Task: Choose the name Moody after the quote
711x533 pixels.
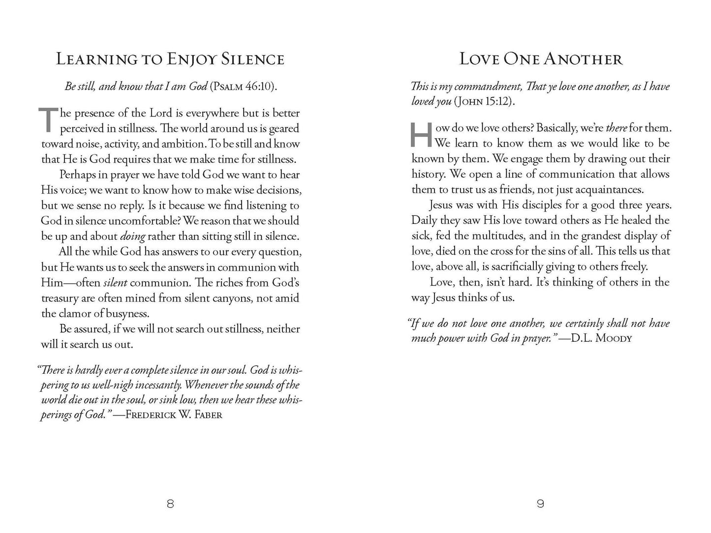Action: click(x=613, y=339)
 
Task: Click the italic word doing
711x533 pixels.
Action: click(x=132, y=237)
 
